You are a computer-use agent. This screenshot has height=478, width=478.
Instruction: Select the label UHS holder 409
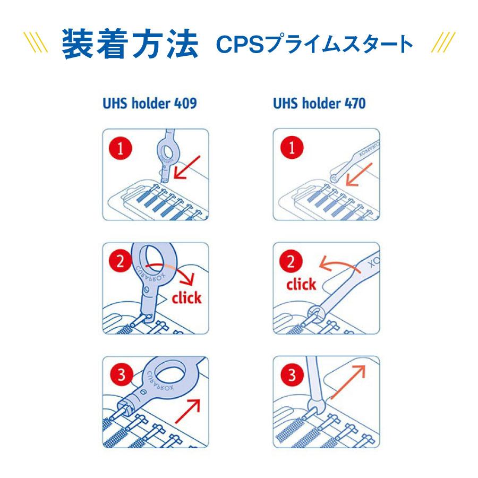pos(149,103)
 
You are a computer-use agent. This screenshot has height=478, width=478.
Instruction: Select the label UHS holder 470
pos(319,103)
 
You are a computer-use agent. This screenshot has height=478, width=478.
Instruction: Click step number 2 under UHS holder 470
pos(292,262)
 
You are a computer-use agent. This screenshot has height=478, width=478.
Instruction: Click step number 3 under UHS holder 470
pos(292,376)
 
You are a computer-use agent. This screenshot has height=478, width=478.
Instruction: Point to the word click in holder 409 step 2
pos(186,297)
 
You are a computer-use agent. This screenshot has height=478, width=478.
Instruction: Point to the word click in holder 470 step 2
pos(301,285)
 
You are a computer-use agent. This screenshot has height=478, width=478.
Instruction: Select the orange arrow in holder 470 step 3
pos(348,382)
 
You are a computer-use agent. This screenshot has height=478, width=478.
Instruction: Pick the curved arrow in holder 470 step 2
pos(335,263)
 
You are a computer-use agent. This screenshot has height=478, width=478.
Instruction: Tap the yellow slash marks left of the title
pos(37,42)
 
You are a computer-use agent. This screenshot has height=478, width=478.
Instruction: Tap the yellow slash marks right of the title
pos(441,42)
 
